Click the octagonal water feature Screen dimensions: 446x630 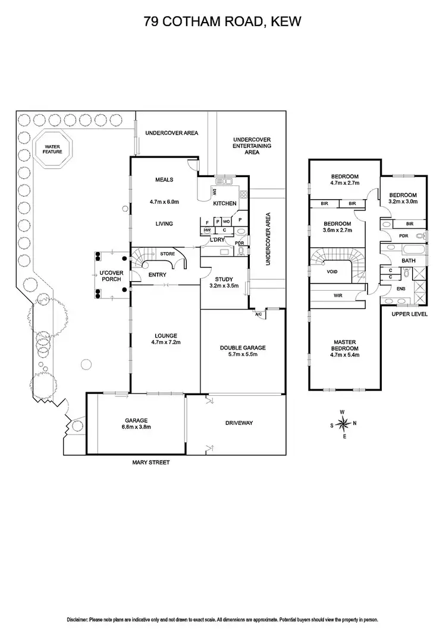(x=52, y=149)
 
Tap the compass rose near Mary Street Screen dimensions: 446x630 (x=343, y=423)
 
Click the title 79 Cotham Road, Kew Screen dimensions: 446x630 (x=222, y=22)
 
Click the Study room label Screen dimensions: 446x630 (x=224, y=279)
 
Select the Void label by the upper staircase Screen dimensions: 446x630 (x=332, y=271)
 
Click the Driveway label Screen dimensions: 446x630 (x=240, y=423)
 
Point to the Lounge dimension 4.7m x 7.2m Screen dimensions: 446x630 (x=164, y=343)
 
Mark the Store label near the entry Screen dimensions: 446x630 (x=168, y=254)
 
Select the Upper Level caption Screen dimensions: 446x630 (x=410, y=314)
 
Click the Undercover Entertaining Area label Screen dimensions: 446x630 (x=252, y=146)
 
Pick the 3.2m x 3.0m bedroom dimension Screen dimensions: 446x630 (x=403, y=202)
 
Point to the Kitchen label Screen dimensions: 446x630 (x=225, y=203)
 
